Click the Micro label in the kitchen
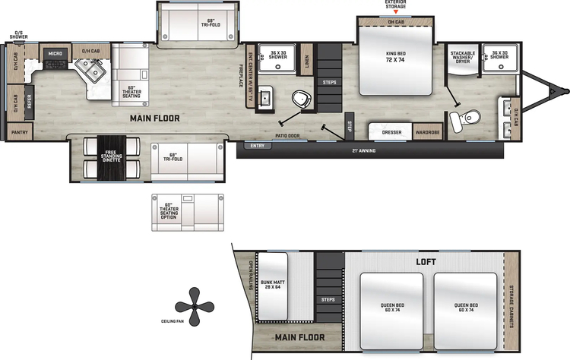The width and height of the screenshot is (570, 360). (x=55, y=54)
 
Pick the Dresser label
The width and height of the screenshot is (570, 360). (x=391, y=132)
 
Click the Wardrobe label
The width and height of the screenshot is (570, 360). (x=427, y=132)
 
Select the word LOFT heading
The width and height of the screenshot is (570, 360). (x=426, y=261)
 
